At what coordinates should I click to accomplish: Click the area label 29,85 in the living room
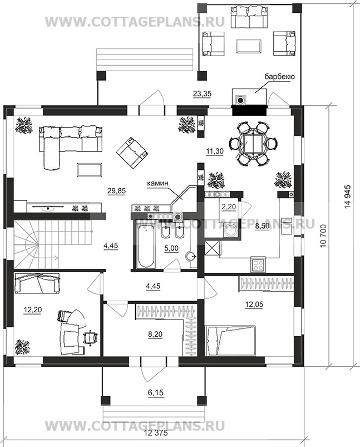coord(117,191)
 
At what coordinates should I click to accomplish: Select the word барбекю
coord(279,76)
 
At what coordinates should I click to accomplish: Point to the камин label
coord(157,184)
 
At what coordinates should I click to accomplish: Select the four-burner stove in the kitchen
coord(258,264)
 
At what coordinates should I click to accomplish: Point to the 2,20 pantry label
coord(229,207)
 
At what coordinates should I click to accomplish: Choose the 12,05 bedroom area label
coord(254,304)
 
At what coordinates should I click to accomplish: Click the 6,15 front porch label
coord(156,393)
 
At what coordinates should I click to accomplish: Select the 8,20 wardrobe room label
coord(155,334)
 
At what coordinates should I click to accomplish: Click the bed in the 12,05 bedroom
coord(230,341)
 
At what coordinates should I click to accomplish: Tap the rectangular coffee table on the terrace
coord(249,46)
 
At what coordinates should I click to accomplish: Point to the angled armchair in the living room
coord(132,152)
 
